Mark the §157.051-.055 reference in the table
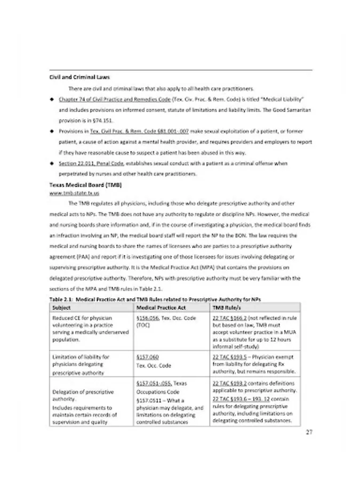click(x=155, y=383)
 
